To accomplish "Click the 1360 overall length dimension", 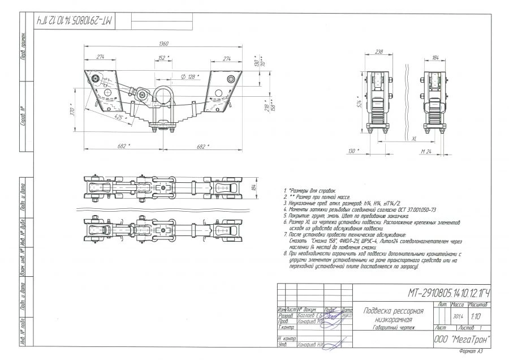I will click(164, 44).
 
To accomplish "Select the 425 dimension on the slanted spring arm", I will click(118, 117).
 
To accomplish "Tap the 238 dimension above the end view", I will click(378, 52).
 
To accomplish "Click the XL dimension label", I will click(414, 138).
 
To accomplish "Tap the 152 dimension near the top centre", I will click(163, 58).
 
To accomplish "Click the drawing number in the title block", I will click(448, 293).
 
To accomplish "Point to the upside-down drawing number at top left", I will click(75, 20).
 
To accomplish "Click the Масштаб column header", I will click(478, 305).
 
